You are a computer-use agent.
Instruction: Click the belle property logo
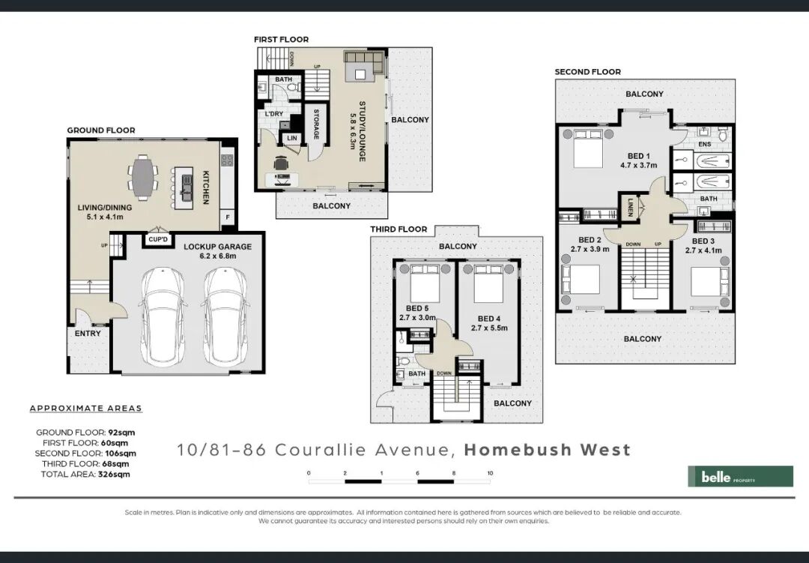coord(740,476)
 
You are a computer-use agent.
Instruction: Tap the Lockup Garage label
coord(218,247)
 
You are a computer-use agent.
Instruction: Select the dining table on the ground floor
coord(142,178)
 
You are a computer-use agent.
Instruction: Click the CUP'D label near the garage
coord(158,240)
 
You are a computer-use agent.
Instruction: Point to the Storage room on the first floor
coord(315,124)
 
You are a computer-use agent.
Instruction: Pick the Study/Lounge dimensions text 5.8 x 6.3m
coord(354,131)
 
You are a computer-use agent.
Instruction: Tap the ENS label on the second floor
coord(704,144)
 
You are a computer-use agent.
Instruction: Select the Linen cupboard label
coord(630,207)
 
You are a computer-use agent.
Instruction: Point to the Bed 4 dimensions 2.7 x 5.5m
coord(489,328)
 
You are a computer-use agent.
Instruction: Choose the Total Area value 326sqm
coord(114,474)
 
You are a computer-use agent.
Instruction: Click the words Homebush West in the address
coord(548,449)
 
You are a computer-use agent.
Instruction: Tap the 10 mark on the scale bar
coord(490,473)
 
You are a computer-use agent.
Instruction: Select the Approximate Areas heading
coord(85,408)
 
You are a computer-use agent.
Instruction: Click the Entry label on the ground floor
coord(88,333)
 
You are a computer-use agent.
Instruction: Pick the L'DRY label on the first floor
coord(273,114)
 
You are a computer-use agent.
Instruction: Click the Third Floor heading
coord(399,229)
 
